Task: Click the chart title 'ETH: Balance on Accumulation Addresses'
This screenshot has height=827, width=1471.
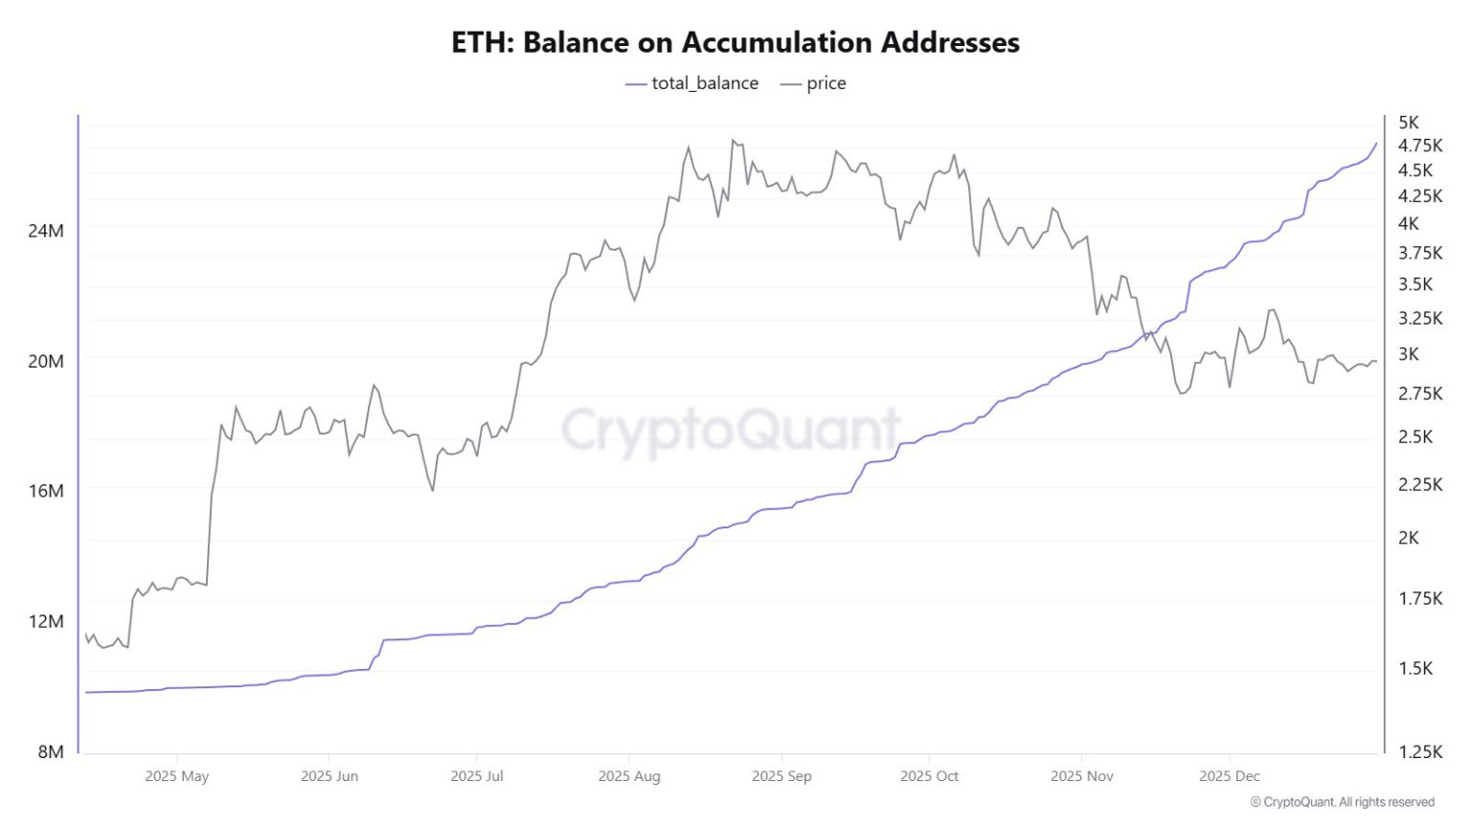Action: pos(735,43)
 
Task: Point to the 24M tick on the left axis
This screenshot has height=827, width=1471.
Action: pos(46,231)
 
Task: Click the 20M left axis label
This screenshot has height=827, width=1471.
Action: pos(46,361)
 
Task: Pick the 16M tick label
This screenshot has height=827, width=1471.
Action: pos(46,490)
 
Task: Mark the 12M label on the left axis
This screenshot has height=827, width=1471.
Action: pos(46,621)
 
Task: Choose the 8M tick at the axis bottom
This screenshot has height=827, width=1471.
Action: pos(51,751)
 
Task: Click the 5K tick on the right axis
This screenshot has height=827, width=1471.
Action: pos(1409,123)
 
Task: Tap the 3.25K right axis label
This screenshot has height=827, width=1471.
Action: pos(1420,318)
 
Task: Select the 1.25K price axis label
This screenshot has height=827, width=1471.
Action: pos(1420,751)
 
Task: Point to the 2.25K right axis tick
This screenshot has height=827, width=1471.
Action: pos(1420,484)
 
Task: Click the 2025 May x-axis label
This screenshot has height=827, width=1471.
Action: pos(176,776)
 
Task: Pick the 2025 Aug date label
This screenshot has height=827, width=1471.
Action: pos(629,776)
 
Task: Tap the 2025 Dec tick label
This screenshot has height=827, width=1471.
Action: pos(1230,776)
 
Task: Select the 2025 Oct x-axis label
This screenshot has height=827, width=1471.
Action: pos(929,776)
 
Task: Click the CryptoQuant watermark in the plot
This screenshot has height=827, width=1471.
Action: pos(731,430)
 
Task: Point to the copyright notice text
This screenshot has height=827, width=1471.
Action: pos(1342,802)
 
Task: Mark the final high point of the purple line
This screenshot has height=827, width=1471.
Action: pos(1376,144)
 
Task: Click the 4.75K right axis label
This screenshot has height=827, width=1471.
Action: pos(1420,145)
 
